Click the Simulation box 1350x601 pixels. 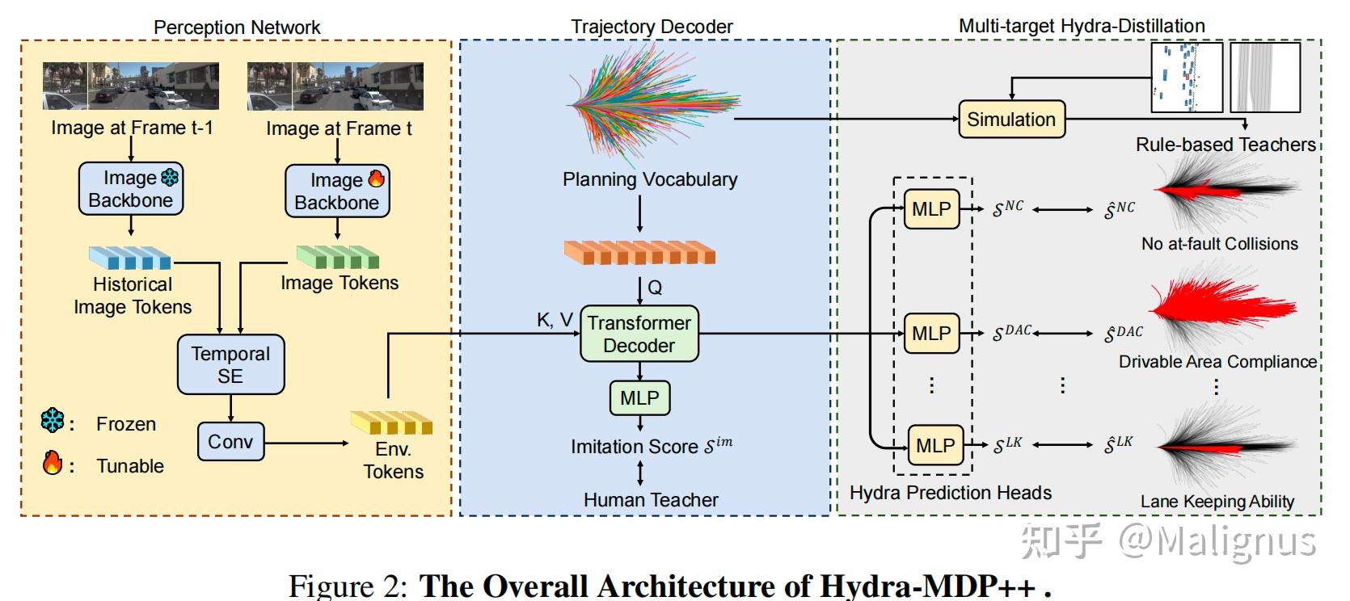1011,120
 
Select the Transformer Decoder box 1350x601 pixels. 639,334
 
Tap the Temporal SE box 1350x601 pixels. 230,364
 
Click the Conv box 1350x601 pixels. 230,442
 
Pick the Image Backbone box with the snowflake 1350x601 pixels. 131,189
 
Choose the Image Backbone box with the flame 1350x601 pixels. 337,191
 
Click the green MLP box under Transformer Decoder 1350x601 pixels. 639,397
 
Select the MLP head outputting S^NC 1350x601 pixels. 931,209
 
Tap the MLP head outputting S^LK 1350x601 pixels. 935,445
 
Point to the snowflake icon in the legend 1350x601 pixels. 53,421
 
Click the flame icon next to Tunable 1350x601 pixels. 53,463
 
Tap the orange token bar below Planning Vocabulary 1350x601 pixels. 639,253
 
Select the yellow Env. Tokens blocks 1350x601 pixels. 392,422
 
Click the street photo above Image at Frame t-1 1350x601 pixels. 131,86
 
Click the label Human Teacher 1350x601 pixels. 651,500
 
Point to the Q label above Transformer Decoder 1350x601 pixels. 655,288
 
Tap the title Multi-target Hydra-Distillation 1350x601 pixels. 1081,26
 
